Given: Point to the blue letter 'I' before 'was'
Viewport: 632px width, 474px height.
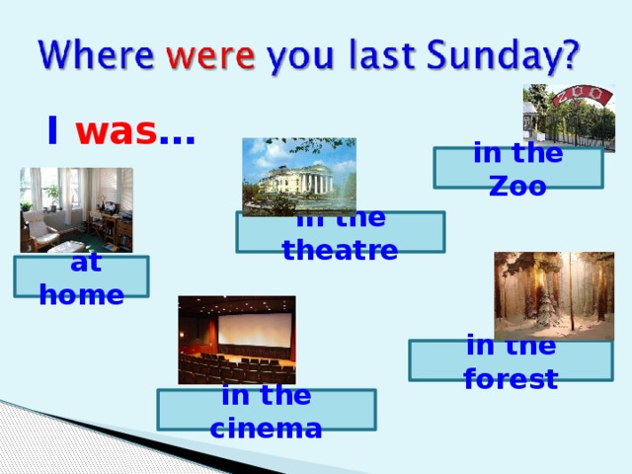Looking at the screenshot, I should click(51, 131).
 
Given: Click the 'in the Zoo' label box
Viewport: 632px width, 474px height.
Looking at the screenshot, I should click(518, 168).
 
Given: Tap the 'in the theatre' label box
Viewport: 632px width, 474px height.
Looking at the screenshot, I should click(340, 233).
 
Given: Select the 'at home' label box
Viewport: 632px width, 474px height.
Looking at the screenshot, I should click(81, 276).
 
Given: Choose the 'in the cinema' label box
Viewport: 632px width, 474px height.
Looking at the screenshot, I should click(266, 410).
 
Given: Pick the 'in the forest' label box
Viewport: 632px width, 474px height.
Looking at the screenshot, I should click(511, 360).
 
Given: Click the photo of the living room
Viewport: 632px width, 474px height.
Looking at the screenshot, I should click(75, 209).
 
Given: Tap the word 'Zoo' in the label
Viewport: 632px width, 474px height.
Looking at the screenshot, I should click(517, 185).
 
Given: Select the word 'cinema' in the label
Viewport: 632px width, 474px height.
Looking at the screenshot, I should click(266, 429).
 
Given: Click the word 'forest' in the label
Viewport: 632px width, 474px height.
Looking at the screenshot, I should click(511, 378).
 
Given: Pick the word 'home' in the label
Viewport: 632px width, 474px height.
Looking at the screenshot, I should click(81, 294).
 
